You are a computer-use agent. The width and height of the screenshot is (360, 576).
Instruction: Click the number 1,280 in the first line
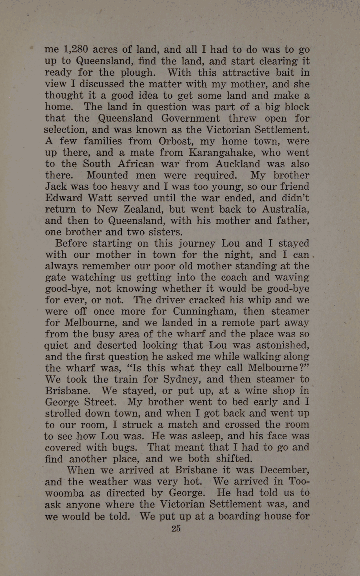tap(76, 49)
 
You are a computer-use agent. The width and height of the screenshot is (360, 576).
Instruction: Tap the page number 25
tap(176, 529)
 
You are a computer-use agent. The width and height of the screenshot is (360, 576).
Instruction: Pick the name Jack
tap(55, 187)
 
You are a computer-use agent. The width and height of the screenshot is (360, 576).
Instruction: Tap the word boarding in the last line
tap(239, 516)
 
